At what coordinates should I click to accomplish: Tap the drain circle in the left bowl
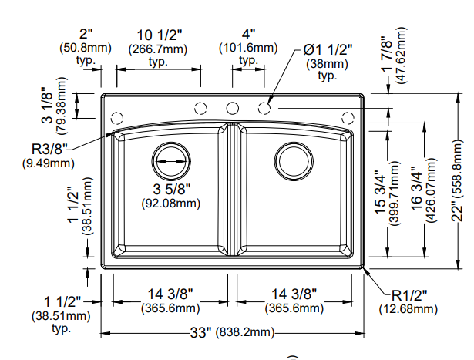[x=170, y=160]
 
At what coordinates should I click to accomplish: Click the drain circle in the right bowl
[x=293, y=160]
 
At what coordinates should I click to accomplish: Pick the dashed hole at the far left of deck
[x=117, y=118]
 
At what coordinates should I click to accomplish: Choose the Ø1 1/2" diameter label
[x=328, y=49]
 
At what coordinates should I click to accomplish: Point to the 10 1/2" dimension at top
[x=159, y=35]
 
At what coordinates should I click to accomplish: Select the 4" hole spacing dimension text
[x=247, y=35]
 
